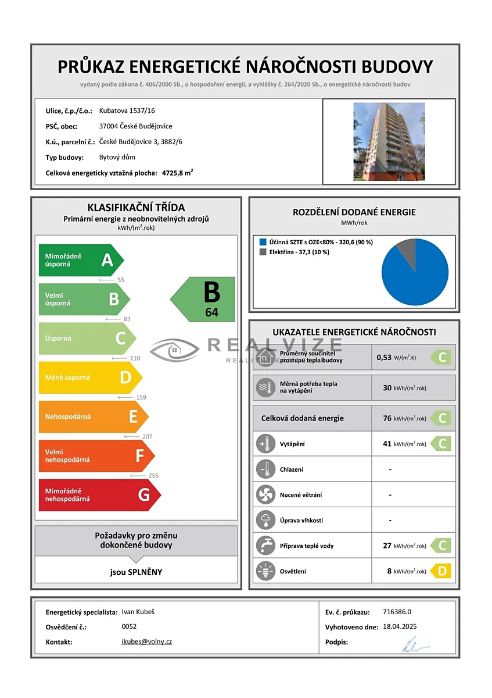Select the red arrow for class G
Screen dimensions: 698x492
click(x=99, y=495)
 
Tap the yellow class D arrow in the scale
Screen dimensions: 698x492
click(x=90, y=378)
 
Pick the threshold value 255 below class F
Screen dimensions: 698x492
click(x=153, y=475)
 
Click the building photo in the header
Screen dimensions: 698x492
click(x=389, y=141)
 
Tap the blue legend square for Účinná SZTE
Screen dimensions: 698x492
click(x=263, y=242)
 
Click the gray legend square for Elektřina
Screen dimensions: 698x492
click(x=263, y=252)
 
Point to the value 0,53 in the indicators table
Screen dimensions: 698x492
click(x=384, y=357)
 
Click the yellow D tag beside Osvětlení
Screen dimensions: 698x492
click(x=441, y=571)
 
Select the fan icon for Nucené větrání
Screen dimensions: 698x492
click(x=265, y=495)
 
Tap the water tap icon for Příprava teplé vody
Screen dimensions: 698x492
click(x=265, y=546)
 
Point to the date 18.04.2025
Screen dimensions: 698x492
click(x=400, y=626)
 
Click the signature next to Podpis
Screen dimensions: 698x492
click(x=415, y=643)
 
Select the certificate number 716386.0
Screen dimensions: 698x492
click(x=397, y=611)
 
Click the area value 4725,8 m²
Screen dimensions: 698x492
click(x=178, y=173)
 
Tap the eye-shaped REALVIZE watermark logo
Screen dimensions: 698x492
click(x=174, y=350)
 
